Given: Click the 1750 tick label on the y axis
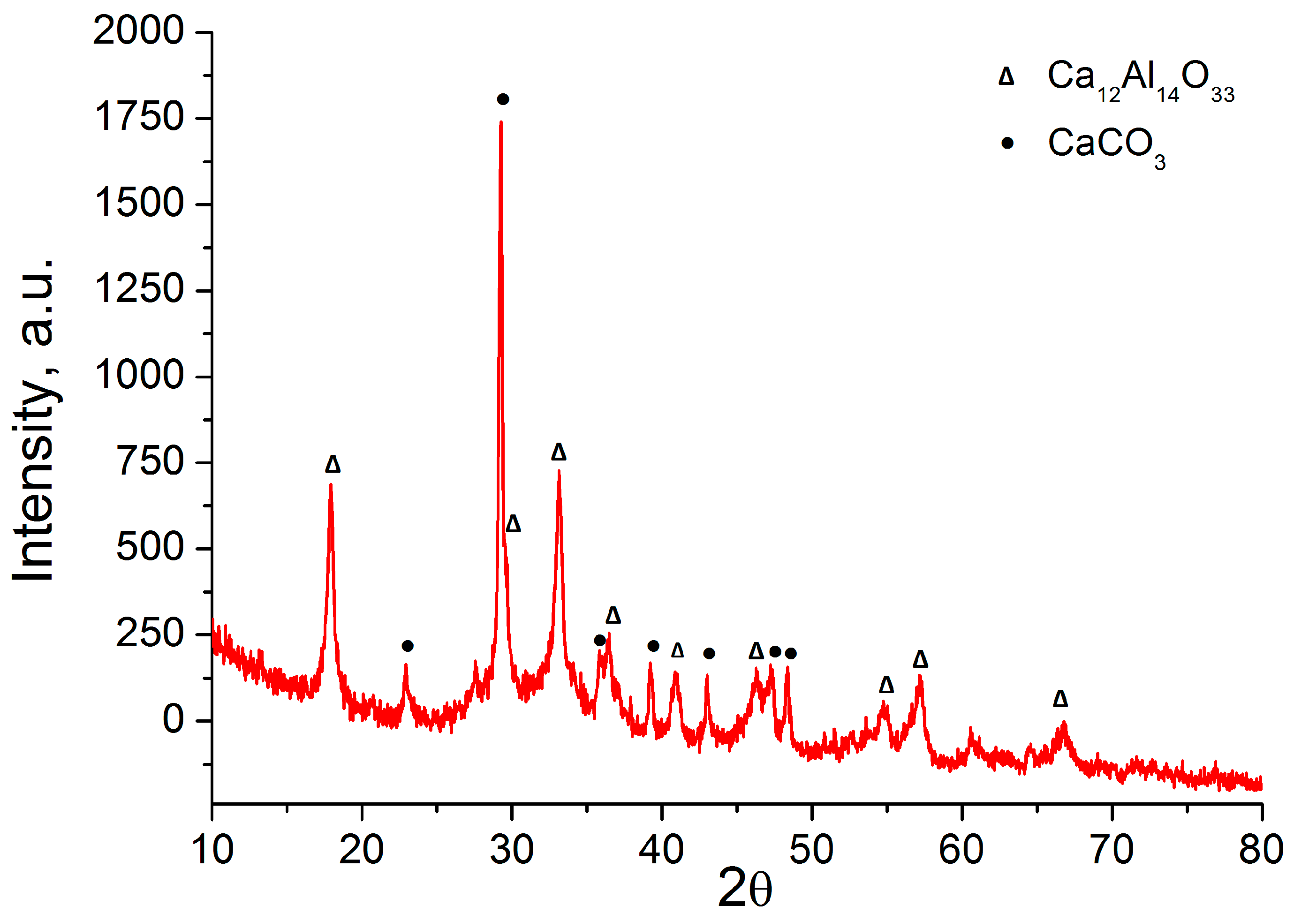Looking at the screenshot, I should click(x=139, y=117).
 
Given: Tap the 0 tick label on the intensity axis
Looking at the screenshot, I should click(x=174, y=720).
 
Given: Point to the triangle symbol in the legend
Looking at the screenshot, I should click(x=1006, y=76).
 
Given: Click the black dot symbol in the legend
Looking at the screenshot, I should click(x=1007, y=143).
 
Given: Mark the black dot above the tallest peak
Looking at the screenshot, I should click(x=503, y=99).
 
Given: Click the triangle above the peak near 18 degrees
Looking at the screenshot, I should click(x=333, y=464).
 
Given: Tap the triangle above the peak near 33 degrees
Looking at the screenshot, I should click(x=559, y=452).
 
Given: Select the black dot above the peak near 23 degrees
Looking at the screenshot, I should click(x=407, y=646).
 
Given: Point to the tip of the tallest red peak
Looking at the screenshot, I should click(x=501, y=122).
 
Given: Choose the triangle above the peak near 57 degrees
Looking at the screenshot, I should click(x=920, y=659).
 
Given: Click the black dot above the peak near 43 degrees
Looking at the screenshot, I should click(x=709, y=653).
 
